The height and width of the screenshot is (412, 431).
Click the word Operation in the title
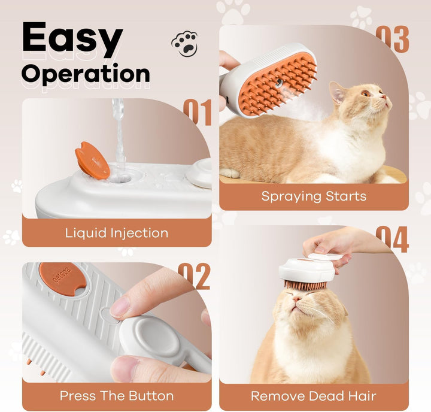pos(86,74)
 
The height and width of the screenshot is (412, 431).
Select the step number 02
pos(194,275)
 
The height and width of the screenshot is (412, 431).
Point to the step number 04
pos(392,239)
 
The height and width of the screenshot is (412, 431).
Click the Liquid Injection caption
pos(117,232)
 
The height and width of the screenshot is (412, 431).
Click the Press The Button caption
pos(117,396)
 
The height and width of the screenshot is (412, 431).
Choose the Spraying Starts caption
pos(314,196)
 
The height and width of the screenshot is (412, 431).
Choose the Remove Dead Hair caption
pos(314,396)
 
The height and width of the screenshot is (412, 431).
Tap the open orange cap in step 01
pos(92,159)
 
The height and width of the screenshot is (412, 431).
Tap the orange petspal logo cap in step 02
pos(61,278)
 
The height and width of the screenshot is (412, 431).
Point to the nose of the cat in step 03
pos(388,101)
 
